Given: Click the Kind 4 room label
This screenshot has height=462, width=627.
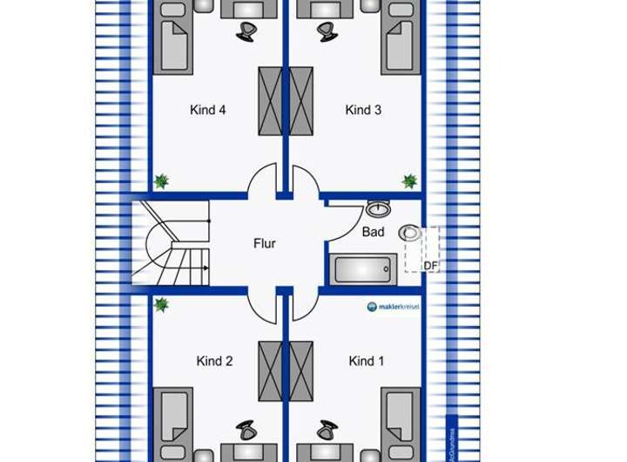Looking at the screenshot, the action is (x=208, y=111).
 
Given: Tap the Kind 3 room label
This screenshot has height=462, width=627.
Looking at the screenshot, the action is (x=363, y=111).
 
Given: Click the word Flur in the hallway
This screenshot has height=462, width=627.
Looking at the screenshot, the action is (x=265, y=244).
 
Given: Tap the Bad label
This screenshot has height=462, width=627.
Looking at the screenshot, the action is (x=373, y=233).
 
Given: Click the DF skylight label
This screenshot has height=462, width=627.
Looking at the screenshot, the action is (x=430, y=266).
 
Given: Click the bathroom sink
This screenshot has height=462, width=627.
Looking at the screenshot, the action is (x=378, y=209).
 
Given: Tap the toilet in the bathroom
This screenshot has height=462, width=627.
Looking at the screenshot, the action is (x=409, y=233).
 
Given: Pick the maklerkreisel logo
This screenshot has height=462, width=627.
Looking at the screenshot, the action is (x=394, y=307).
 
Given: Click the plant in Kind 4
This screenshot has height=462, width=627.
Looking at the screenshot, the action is (x=161, y=181).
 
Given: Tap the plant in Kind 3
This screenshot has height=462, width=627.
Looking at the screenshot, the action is (x=409, y=181).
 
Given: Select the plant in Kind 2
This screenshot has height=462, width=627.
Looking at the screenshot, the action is (x=161, y=305).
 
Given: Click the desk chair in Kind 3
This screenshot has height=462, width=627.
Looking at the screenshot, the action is (x=327, y=32).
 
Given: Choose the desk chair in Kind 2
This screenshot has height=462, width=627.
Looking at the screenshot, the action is (x=246, y=431).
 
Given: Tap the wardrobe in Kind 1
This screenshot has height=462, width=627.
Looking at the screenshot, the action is (x=301, y=370).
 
